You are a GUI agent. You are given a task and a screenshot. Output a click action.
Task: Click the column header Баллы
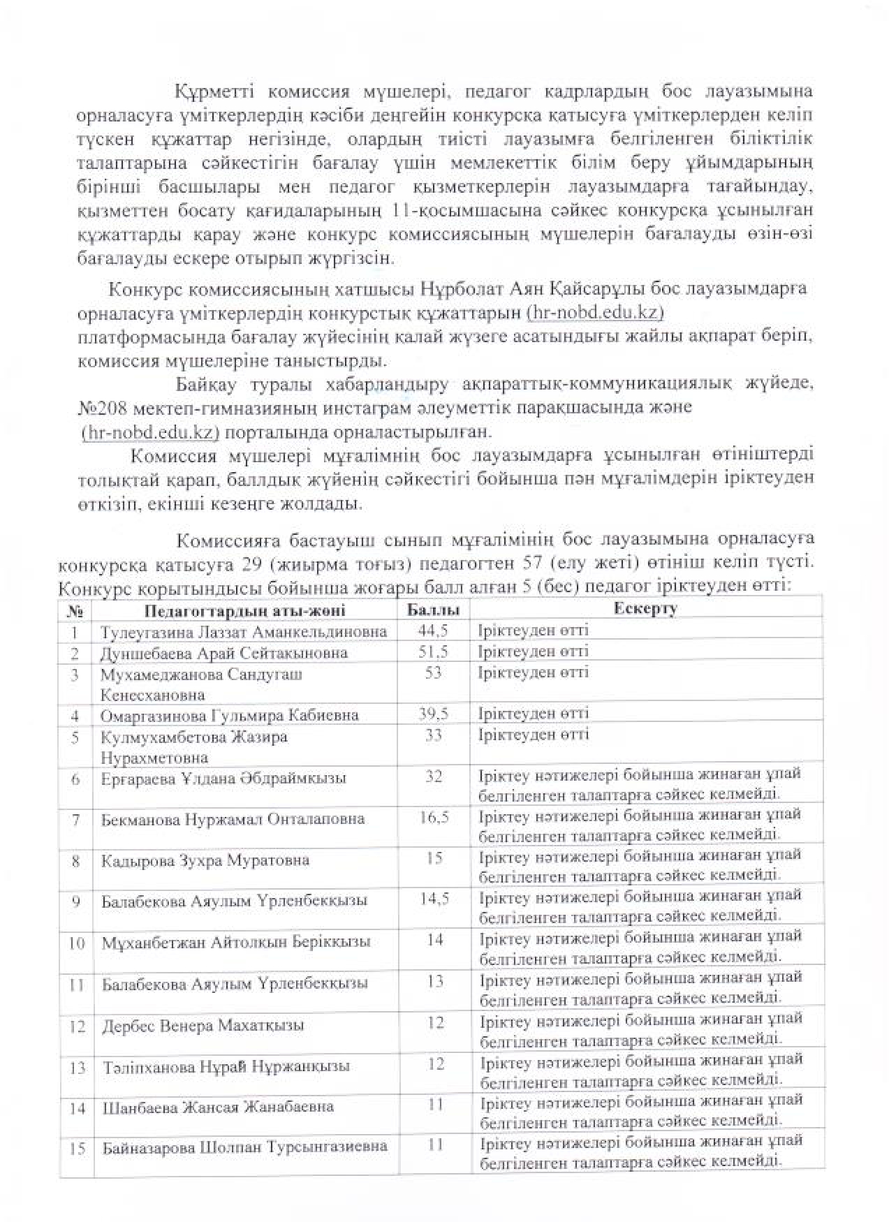(x=433, y=610)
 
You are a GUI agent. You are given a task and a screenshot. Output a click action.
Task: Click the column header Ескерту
(x=646, y=608)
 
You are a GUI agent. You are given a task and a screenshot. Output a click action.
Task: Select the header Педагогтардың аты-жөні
(x=245, y=611)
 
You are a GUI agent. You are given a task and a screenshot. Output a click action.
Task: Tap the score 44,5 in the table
(x=433, y=630)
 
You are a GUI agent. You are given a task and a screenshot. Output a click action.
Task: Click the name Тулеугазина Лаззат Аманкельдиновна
(x=244, y=631)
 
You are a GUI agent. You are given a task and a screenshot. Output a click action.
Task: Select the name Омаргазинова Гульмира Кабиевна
(x=230, y=715)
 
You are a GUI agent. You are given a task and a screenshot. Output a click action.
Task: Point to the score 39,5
(x=433, y=713)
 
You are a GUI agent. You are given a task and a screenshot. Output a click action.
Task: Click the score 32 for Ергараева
(x=433, y=776)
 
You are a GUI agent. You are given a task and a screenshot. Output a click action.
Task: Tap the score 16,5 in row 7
(x=434, y=817)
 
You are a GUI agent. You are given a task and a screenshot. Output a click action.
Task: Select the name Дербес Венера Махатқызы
(x=203, y=1026)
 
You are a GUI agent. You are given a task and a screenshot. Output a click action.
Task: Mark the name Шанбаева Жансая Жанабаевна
(x=218, y=1107)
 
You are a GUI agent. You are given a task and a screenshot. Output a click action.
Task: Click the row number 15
(x=77, y=1147)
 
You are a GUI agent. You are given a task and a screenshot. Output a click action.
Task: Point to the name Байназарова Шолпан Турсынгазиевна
(x=244, y=1147)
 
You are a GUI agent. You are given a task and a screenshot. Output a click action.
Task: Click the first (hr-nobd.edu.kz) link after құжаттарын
(x=595, y=311)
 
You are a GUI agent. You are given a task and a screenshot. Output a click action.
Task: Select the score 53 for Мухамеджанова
(x=433, y=672)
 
